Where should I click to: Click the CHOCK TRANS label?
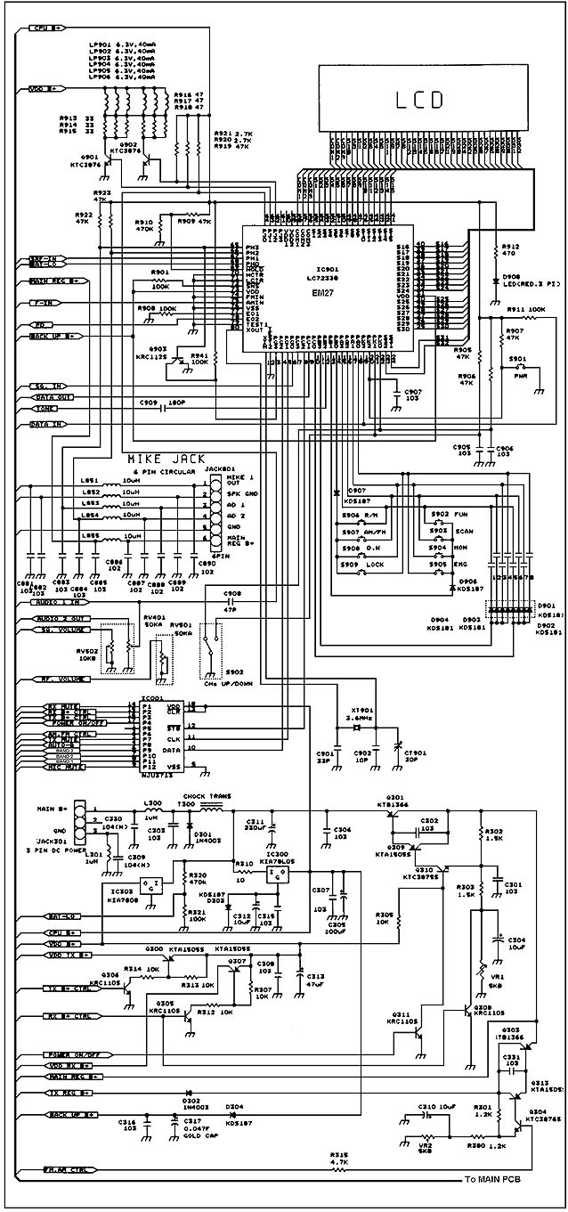[201, 795]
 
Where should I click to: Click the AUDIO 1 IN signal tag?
[53, 603]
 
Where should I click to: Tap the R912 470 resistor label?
[510, 249]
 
